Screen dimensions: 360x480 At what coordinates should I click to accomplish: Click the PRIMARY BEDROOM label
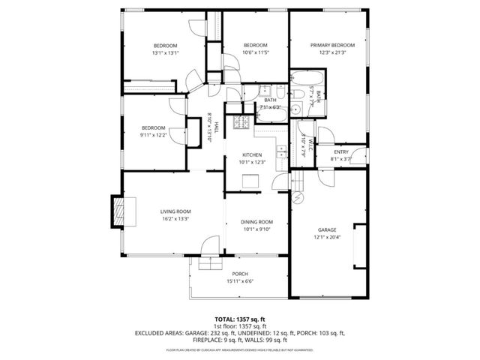point(332,45)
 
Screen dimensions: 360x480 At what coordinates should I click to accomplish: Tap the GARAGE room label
point(326,229)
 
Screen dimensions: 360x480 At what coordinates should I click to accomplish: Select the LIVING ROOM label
point(175,211)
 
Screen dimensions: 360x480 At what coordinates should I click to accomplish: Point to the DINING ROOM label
point(256,222)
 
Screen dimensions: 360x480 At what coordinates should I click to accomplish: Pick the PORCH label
point(239,274)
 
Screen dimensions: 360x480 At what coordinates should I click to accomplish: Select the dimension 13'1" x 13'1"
point(164,53)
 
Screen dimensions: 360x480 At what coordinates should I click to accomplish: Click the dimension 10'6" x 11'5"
point(255,52)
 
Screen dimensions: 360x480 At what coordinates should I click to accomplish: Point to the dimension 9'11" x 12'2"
point(152,135)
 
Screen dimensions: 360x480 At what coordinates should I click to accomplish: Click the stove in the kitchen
point(241,122)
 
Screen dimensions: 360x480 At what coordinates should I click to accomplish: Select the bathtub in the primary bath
point(307,80)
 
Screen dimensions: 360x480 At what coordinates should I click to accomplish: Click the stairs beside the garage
point(298,181)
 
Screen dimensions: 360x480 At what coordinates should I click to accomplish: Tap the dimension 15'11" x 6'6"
point(239,281)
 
